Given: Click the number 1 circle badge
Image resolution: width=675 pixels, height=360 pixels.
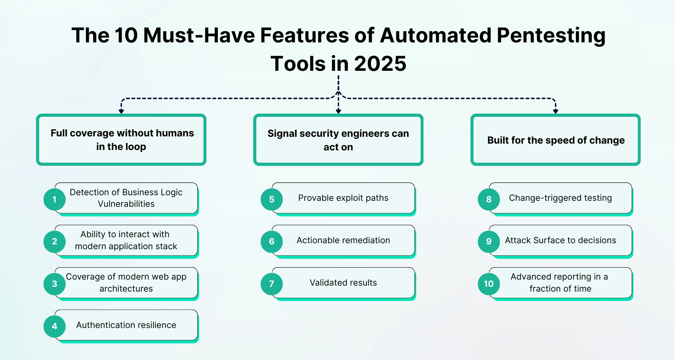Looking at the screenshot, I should point(54,199).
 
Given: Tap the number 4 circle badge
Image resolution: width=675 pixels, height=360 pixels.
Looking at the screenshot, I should point(54,326).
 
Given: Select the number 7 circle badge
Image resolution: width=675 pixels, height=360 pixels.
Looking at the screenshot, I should point(272,284).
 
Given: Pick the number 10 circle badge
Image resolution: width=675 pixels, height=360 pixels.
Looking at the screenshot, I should point(489,284).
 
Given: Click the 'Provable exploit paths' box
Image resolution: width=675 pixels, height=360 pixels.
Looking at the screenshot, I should point(343,198).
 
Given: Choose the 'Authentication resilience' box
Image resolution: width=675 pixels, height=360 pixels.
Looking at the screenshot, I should point(126,325).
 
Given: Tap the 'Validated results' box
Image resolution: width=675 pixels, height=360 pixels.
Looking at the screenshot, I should point(343,283).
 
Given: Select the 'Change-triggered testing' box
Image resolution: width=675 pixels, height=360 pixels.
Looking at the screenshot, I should point(560,198).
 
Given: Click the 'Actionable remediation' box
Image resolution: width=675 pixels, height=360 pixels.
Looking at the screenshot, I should point(343,240).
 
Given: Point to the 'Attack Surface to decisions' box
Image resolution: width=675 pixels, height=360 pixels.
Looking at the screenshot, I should point(560,240).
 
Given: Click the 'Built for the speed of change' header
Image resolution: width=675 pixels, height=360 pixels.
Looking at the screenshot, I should point(555,140).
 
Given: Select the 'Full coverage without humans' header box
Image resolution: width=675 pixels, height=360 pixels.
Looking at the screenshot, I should point(121,140).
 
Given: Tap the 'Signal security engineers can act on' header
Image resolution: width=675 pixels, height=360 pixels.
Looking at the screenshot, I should point(338,140).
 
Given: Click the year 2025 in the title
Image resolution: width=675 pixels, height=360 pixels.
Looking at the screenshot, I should point(380,64).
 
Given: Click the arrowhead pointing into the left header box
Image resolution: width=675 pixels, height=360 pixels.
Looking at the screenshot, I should point(121,111).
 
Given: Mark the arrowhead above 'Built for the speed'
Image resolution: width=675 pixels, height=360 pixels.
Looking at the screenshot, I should point(555,111).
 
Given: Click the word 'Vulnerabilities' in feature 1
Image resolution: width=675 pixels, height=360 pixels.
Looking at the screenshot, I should point(126,204).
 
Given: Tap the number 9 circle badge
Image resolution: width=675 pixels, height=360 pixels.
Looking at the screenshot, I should point(489,241).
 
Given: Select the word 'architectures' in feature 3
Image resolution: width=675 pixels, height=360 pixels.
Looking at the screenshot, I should point(126,289).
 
